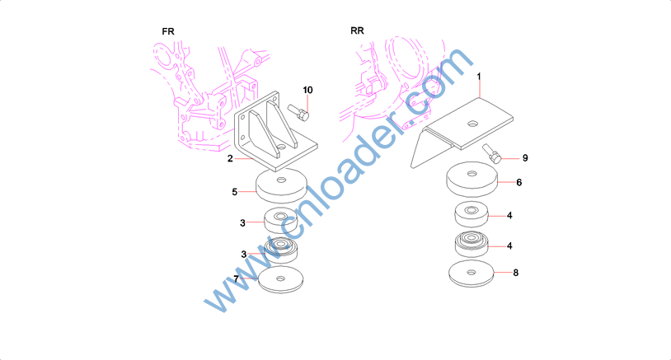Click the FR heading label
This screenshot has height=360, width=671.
[x=168, y=31]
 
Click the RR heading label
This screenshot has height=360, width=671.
[x=357, y=30]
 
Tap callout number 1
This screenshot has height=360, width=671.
[x=479, y=76]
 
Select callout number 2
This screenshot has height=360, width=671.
[x=230, y=159]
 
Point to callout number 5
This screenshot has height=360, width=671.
[x=234, y=192]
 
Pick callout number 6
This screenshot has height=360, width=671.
[x=519, y=183]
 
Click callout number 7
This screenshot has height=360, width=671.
[x=236, y=279]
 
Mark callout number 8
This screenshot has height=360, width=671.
[x=516, y=273]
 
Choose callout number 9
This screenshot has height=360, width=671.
[x=525, y=158]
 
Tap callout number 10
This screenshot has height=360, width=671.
[x=307, y=91]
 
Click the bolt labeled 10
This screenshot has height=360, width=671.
[x=298, y=112]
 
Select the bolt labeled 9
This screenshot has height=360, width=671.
[x=492, y=153]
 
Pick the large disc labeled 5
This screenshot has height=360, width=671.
[x=282, y=185]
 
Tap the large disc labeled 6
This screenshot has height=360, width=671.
[x=472, y=180]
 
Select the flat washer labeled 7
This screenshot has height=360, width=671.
[x=281, y=279]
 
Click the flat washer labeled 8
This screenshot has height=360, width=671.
[x=472, y=274]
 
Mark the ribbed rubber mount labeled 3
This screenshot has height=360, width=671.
[x=281, y=250]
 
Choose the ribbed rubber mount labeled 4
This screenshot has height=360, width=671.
[x=472, y=244]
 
